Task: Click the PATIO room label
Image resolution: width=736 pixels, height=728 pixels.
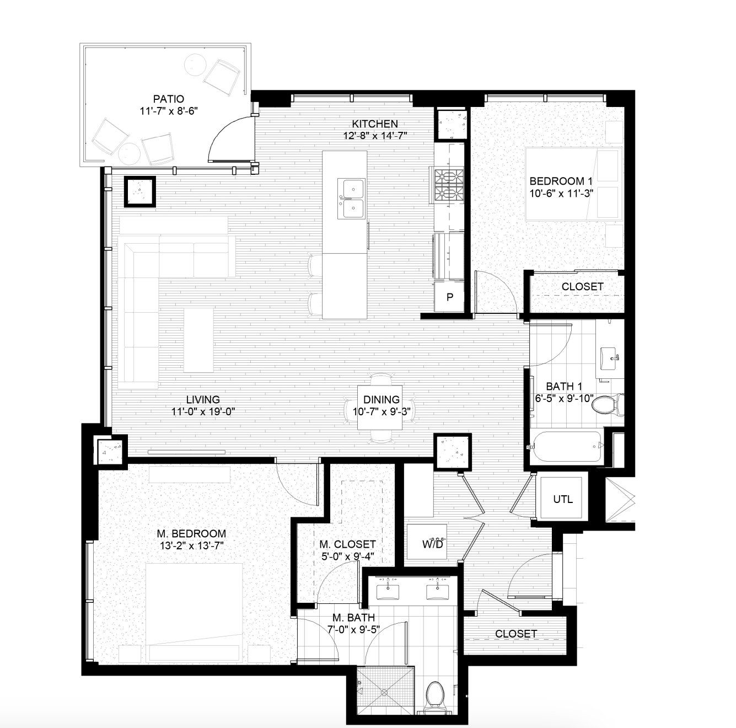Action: [x=168, y=99]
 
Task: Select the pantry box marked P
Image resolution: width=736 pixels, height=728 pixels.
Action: [x=450, y=297]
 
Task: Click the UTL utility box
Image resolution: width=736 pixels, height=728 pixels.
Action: [x=562, y=499]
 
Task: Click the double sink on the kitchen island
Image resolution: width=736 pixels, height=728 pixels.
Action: [x=352, y=197]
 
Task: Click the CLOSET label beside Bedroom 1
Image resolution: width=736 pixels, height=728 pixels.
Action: [x=582, y=287]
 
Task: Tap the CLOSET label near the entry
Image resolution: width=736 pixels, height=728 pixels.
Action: [x=515, y=634]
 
